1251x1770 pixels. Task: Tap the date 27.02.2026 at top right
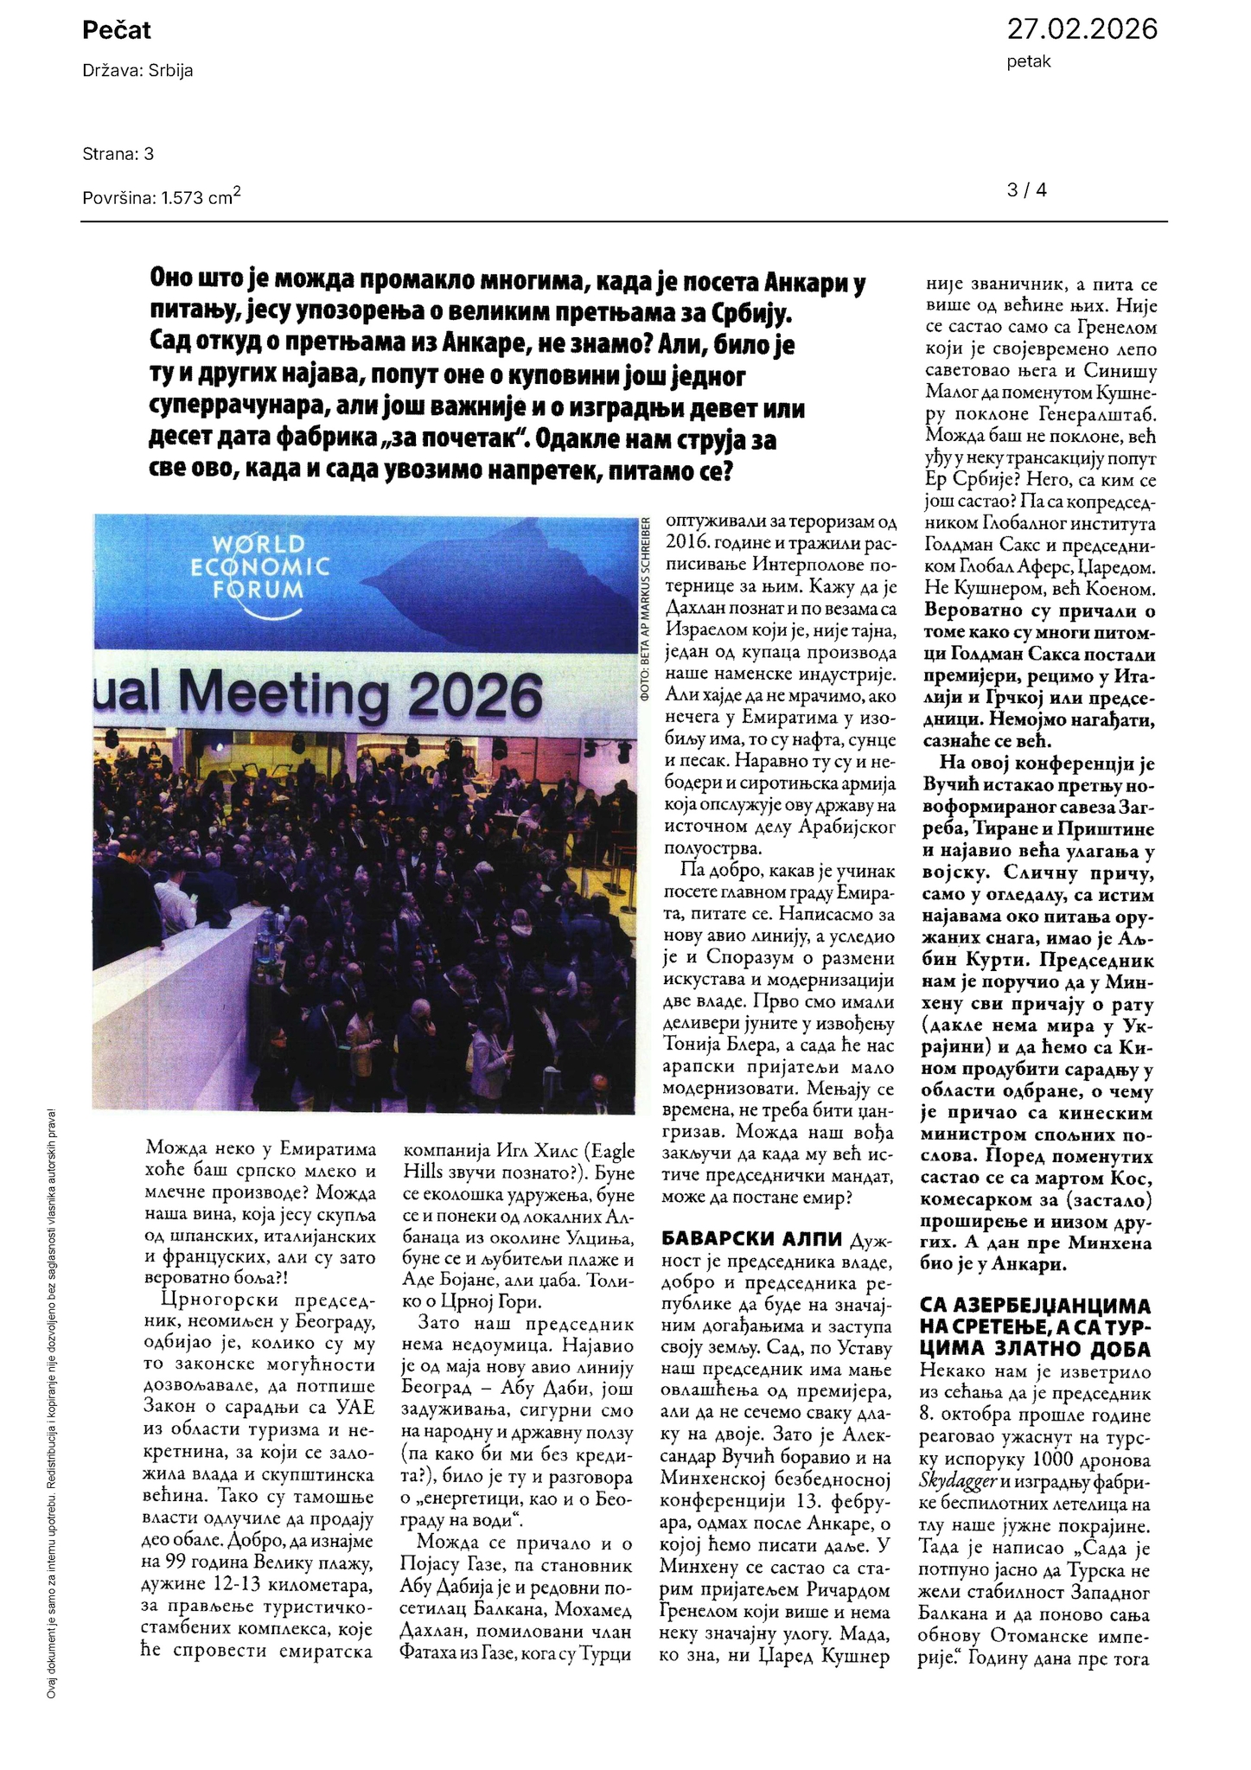1082,29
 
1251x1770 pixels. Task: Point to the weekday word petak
1029,62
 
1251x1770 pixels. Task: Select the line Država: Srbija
137,71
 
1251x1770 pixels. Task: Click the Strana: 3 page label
118,154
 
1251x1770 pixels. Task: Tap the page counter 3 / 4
1027,190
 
